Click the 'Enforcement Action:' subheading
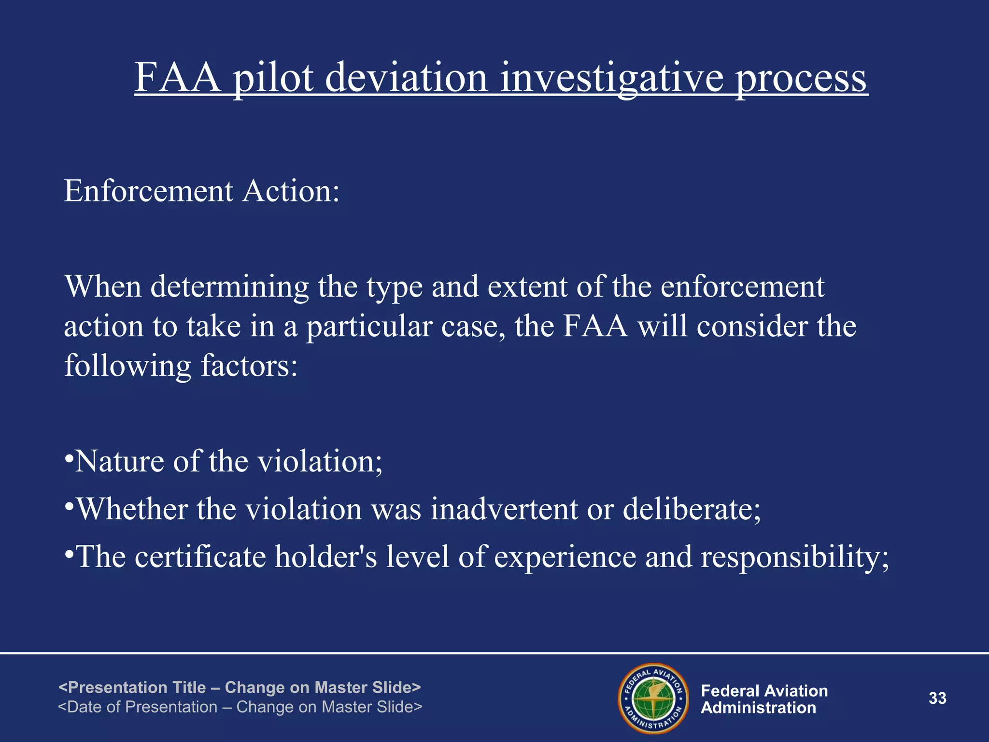(202, 191)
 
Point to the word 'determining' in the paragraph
(229, 287)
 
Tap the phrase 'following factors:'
(181, 366)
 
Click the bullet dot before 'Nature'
(69, 457)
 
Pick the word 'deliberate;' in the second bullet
(691, 509)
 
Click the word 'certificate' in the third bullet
(200, 556)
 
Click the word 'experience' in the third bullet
(565, 556)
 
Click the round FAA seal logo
(653, 698)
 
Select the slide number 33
(937, 699)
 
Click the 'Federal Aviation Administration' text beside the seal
(764, 699)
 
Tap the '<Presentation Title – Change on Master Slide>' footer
(240, 687)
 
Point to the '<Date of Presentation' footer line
(240, 707)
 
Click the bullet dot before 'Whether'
(69, 506)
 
